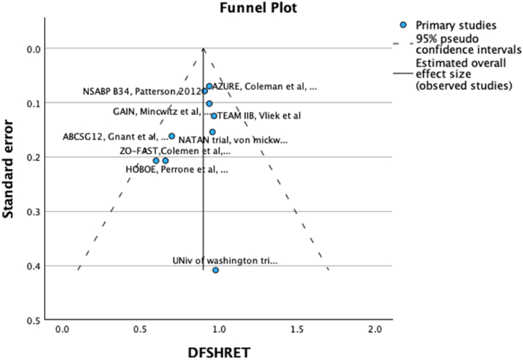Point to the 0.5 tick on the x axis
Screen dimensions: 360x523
click(139, 329)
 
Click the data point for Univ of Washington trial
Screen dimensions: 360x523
click(215, 270)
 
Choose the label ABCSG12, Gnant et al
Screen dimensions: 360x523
click(114, 136)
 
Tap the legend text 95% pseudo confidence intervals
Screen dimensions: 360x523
click(468, 44)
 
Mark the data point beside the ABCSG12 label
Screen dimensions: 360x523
click(172, 136)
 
